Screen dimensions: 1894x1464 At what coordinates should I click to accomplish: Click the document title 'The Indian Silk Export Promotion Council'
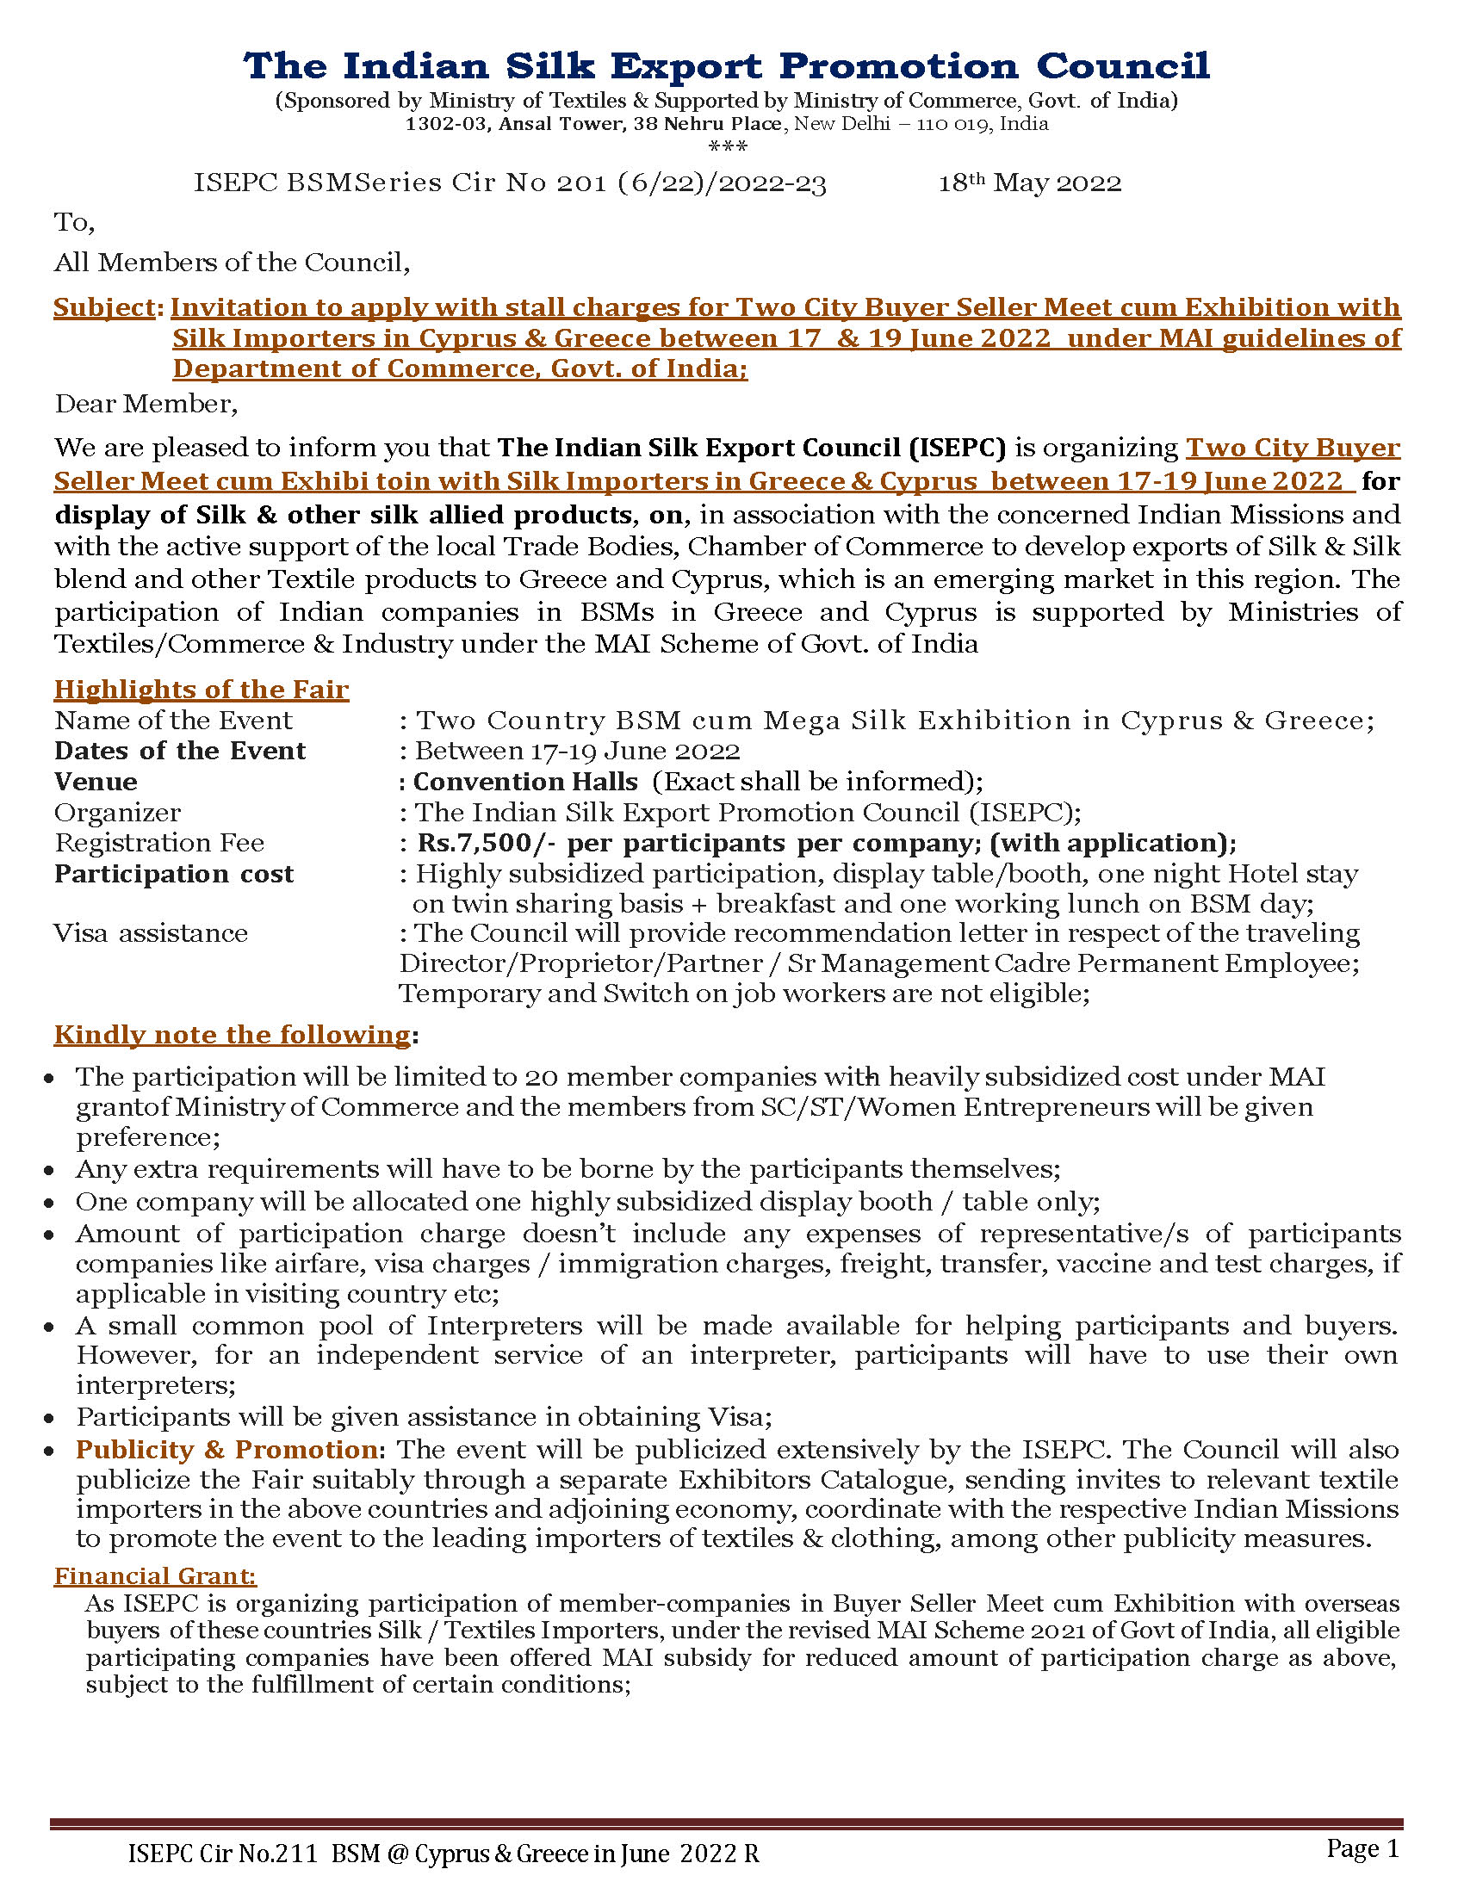click(726, 66)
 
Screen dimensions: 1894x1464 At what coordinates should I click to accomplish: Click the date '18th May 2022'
click(1029, 183)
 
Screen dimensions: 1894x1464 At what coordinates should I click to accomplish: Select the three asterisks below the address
click(728, 146)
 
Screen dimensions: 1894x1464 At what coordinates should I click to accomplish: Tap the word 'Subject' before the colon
click(104, 307)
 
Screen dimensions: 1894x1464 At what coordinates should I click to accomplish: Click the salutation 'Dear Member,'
click(146, 404)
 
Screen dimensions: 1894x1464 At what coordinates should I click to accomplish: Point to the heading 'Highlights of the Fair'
click(202, 690)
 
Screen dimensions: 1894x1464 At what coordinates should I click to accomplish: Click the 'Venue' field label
click(96, 782)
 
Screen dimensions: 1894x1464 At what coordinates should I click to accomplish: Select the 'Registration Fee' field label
click(158, 843)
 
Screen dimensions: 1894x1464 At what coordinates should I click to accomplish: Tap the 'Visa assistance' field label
click(151, 933)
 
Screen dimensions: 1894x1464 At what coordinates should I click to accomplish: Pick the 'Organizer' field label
click(117, 813)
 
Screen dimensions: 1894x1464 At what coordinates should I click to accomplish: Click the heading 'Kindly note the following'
click(232, 1035)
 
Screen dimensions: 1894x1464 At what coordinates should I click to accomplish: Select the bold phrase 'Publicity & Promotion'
click(226, 1450)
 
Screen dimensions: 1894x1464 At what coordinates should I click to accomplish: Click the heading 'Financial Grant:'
click(155, 1575)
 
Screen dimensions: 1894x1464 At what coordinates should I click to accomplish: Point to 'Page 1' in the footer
click(1362, 1848)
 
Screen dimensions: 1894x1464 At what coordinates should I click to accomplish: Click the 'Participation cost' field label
click(173, 873)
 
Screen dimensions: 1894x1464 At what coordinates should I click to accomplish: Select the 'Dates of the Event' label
click(179, 751)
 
